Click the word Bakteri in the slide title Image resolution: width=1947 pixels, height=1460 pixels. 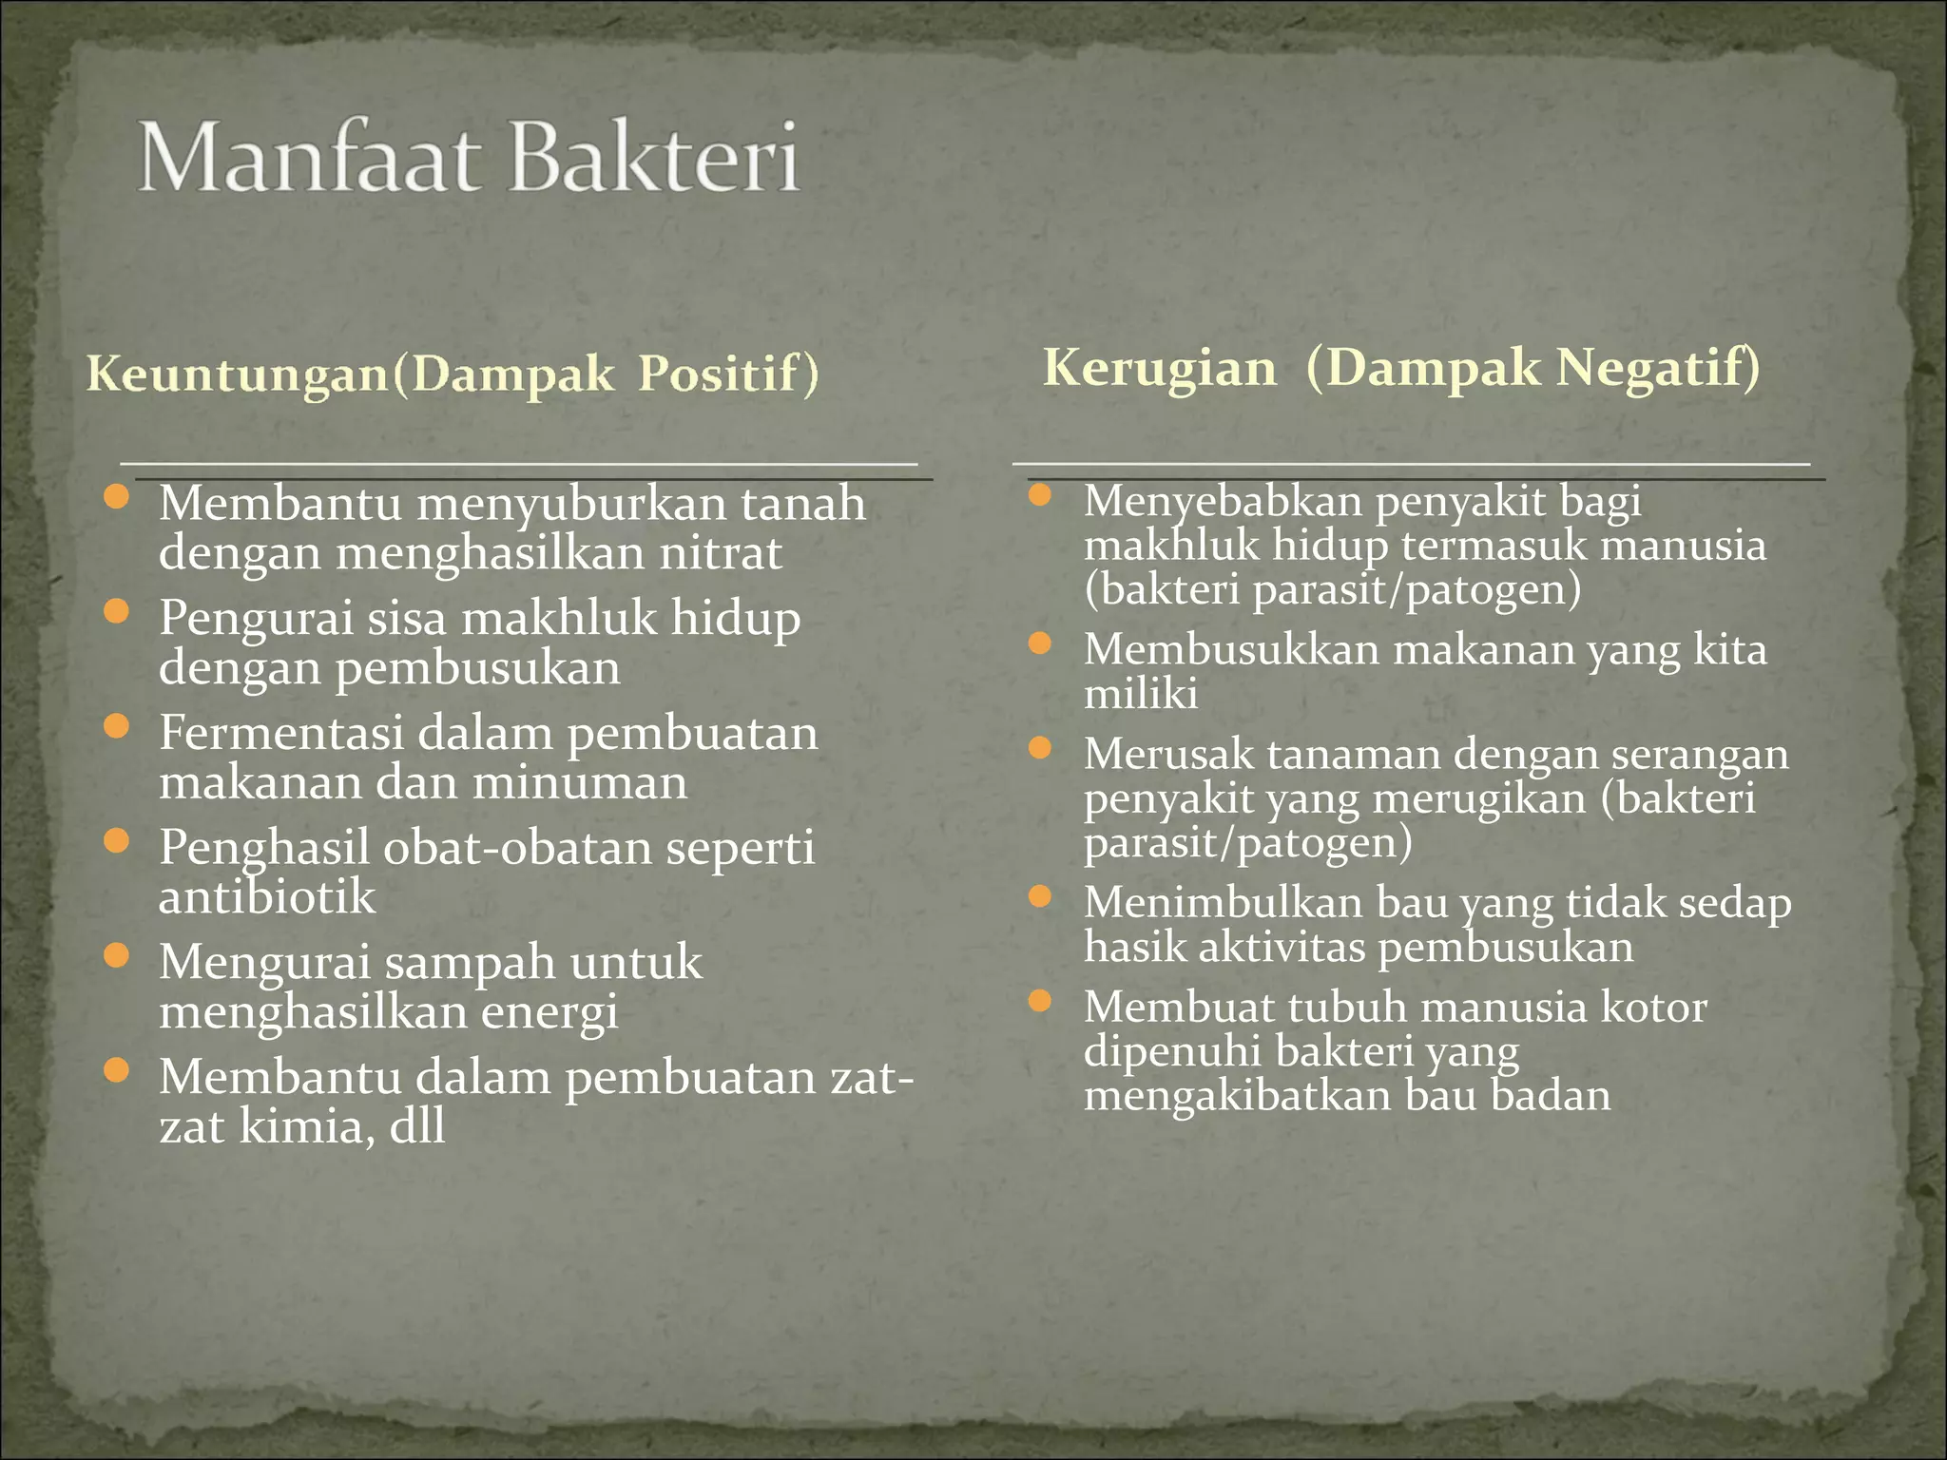tap(655, 159)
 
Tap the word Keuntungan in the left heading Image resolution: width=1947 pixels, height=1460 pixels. tap(238, 373)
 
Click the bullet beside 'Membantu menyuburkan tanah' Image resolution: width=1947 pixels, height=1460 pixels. tap(116, 497)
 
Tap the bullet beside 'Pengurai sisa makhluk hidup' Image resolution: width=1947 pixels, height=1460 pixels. tap(116, 611)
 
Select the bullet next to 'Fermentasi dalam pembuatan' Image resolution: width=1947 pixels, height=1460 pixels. tap(116, 727)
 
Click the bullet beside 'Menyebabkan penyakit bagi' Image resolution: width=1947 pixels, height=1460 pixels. tap(1040, 495)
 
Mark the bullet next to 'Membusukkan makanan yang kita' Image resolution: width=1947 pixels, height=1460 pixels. tap(1040, 644)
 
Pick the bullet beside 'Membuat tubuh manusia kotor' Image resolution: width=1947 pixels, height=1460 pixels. tap(1040, 1001)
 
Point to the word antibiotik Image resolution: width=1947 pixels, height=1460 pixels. tap(267, 897)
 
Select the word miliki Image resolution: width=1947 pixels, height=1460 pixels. tap(1141, 694)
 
